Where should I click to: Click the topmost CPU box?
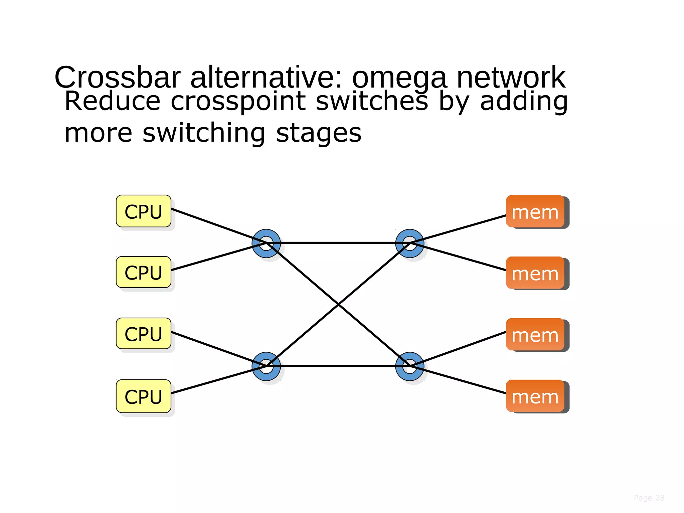(x=144, y=211)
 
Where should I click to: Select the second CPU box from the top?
(x=144, y=272)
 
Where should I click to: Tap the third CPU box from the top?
(x=144, y=334)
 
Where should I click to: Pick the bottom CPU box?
(x=144, y=396)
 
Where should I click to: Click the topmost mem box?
(x=535, y=211)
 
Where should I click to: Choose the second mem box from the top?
(x=535, y=273)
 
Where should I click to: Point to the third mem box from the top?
(x=535, y=334)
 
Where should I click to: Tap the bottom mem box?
(x=535, y=396)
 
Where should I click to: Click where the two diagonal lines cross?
(x=338, y=305)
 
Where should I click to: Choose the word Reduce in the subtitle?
(x=112, y=101)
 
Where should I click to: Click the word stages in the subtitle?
(x=319, y=133)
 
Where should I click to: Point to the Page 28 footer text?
(x=649, y=498)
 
